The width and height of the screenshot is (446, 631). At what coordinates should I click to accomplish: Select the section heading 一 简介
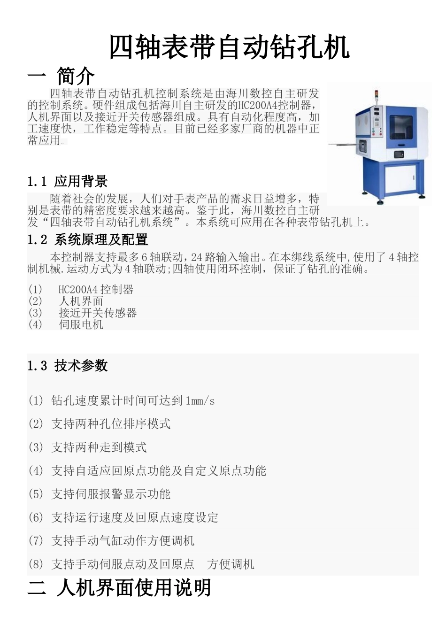(61, 76)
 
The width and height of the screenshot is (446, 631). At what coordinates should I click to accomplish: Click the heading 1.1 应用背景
(67, 181)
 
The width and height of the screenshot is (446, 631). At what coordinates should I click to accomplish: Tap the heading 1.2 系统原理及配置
(88, 240)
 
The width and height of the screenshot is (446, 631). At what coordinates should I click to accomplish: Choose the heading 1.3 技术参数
(67, 366)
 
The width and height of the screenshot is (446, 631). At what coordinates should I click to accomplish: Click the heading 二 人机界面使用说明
(119, 588)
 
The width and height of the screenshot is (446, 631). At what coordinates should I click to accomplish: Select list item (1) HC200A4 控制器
(81, 290)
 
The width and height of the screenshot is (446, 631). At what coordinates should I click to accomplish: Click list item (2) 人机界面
(66, 301)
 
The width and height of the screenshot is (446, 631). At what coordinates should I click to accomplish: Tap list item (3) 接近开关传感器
(83, 313)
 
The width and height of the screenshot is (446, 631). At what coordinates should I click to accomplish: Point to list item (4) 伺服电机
(66, 324)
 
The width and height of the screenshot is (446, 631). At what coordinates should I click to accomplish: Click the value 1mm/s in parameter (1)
(200, 401)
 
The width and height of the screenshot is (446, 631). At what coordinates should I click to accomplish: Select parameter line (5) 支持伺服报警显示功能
(99, 494)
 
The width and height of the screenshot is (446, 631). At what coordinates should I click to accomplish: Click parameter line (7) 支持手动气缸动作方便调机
(111, 541)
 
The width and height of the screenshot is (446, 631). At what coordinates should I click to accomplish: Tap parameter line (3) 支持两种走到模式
(87, 447)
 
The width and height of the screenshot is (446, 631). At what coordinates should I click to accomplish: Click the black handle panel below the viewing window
(399, 154)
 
